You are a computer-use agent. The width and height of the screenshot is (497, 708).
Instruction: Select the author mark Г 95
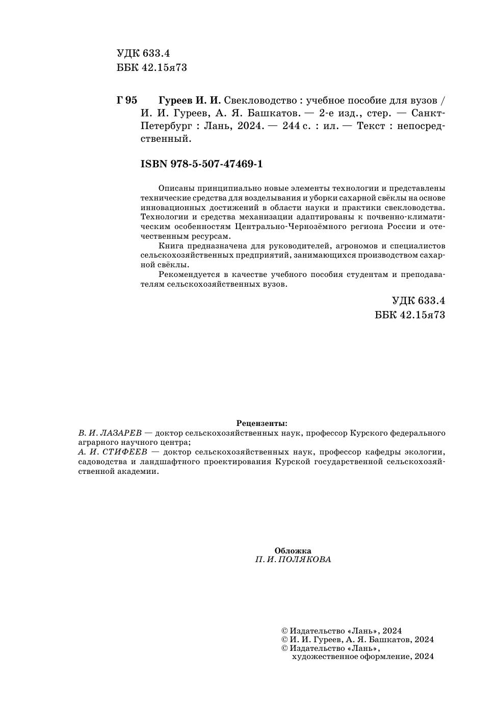127,100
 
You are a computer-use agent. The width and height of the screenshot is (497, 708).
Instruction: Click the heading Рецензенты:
262,423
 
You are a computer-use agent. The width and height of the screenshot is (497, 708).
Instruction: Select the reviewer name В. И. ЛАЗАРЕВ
110,433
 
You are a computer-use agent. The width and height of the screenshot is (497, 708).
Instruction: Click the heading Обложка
293,550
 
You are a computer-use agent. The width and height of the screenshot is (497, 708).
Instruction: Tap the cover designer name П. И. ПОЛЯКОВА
293,560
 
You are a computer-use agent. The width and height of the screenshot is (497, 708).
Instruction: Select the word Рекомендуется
185,274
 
